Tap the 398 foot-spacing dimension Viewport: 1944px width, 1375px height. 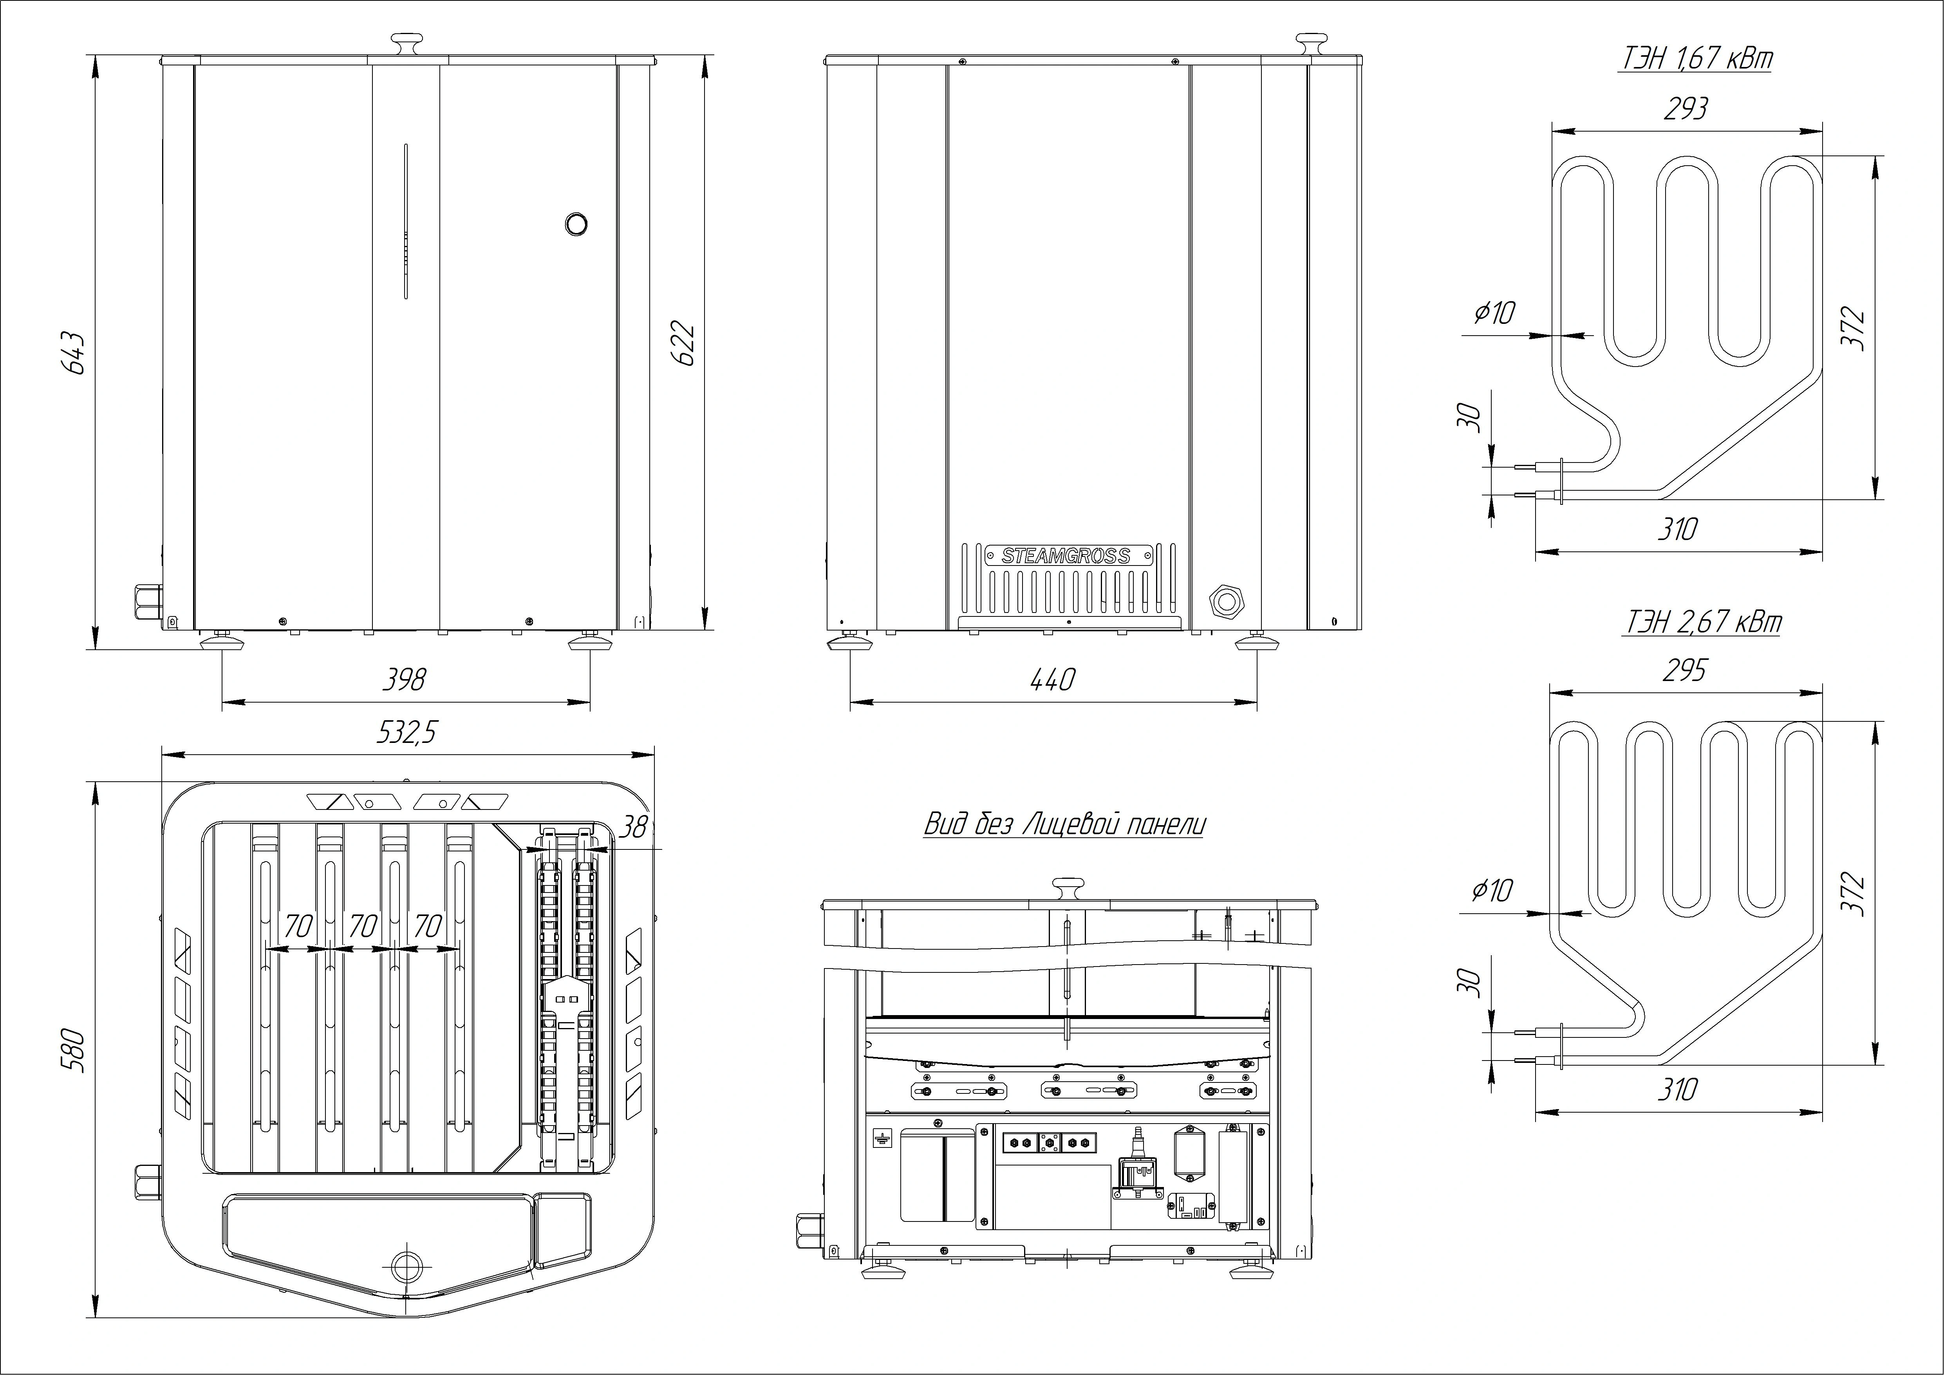click(404, 679)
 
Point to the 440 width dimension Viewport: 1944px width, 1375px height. click(1052, 679)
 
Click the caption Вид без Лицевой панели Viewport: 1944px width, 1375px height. click(1064, 824)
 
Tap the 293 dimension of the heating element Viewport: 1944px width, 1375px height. click(1685, 108)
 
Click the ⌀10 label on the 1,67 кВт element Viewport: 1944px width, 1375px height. click(1494, 313)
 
